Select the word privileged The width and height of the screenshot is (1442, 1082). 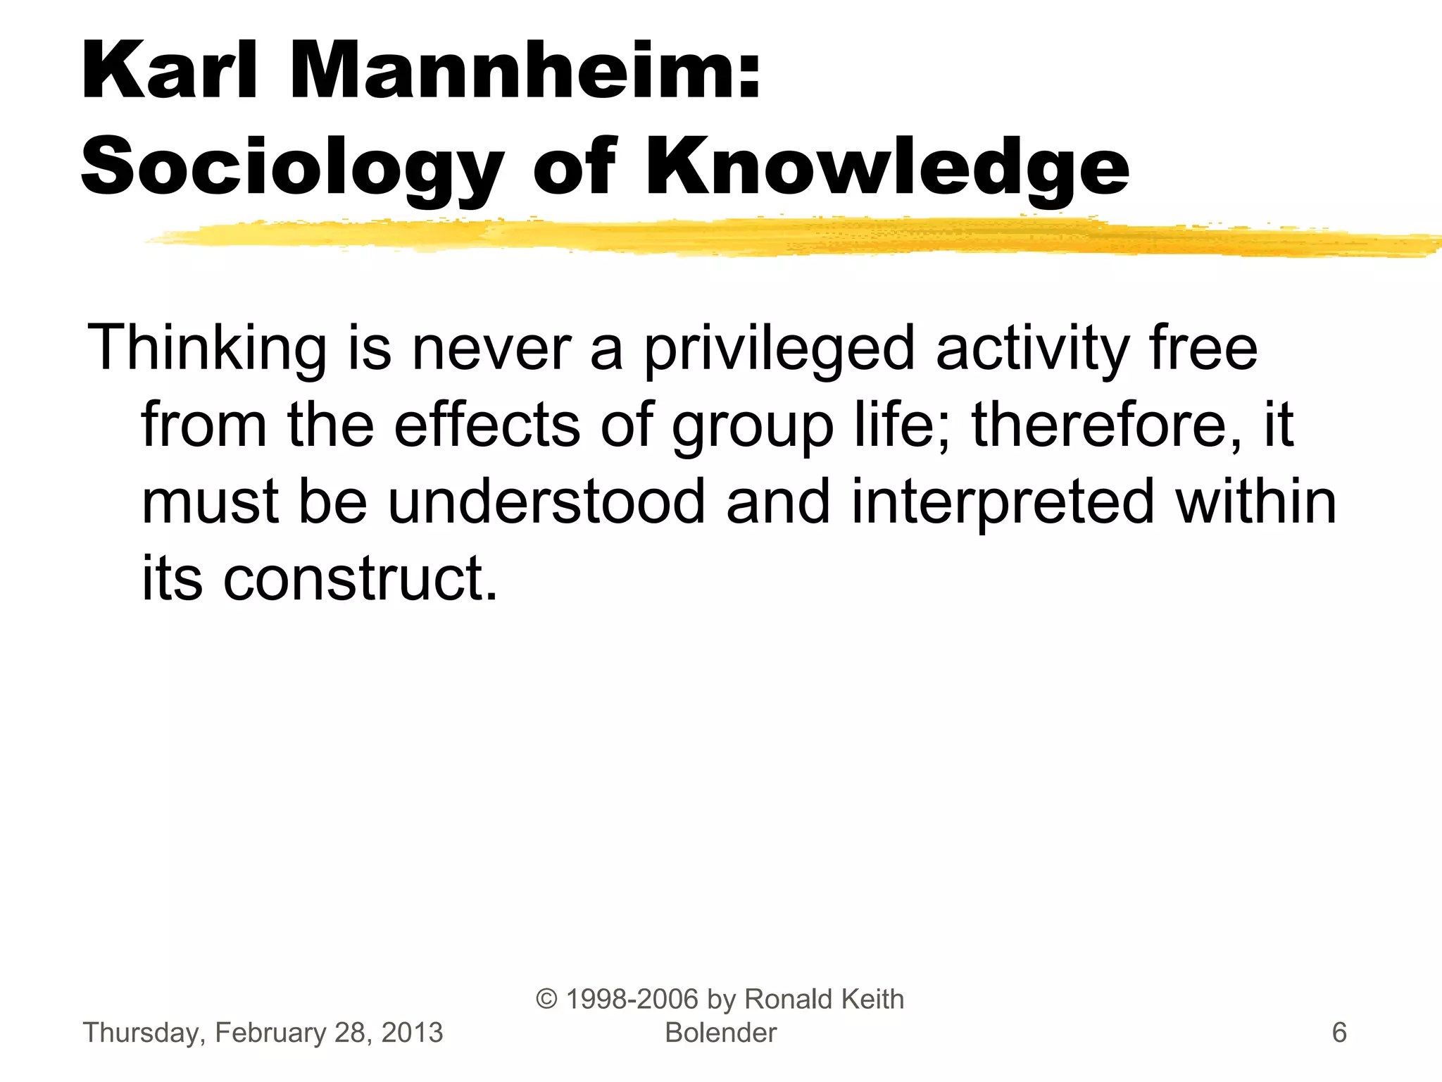(779, 349)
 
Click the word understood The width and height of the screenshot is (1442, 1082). (546, 502)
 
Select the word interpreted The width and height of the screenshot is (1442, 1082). (1003, 502)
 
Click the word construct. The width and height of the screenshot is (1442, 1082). (360, 578)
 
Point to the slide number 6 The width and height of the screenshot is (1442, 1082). (1338, 1033)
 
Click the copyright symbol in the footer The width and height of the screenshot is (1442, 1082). (547, 999)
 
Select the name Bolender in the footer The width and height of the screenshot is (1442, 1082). (720, 1033)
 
